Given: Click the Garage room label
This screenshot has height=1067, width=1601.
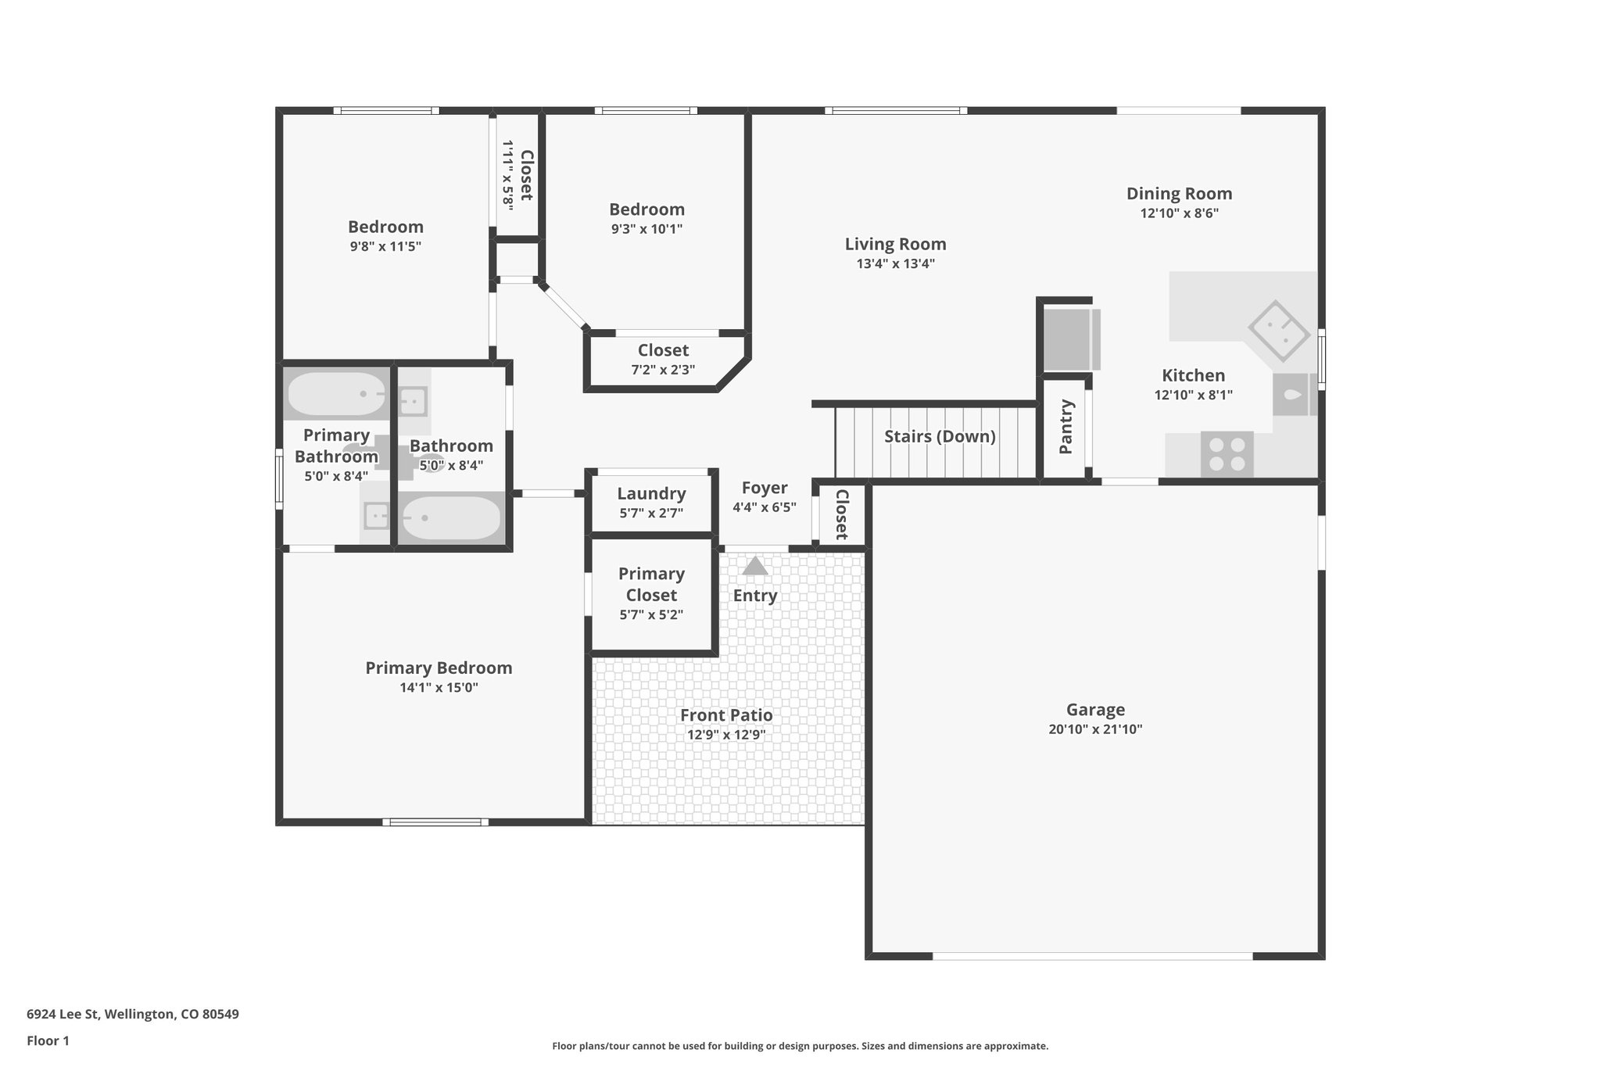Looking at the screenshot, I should point(1095,710).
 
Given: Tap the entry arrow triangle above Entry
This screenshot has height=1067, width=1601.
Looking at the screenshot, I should point(754,566).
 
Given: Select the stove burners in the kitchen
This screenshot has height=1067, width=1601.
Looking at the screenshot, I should point(1227,454).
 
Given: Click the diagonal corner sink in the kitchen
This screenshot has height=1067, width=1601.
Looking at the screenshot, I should point(1278,331).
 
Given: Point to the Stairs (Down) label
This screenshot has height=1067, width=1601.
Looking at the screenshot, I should point(940,436).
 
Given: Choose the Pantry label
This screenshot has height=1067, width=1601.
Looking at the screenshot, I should point(1066,427).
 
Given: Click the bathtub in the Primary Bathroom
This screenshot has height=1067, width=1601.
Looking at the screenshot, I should point(337,394).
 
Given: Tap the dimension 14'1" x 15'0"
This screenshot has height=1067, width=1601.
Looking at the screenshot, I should point(439,688).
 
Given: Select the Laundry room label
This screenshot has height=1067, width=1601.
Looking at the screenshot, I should point(651,493).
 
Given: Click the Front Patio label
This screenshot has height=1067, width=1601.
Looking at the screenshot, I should point(726,714).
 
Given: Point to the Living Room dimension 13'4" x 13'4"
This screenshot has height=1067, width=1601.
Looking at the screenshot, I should point(895,264).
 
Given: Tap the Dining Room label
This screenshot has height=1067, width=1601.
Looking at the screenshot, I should point(1179,193).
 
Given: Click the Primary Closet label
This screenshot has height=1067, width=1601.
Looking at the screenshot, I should point(651,584).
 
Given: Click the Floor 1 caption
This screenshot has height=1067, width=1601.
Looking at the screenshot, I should point(48,1040).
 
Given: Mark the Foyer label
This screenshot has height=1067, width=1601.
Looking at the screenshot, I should point(764,488).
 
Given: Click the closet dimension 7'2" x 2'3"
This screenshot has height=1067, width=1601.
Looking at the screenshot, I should point(663,370).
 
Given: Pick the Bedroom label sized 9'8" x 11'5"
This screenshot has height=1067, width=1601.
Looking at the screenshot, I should point(385,227).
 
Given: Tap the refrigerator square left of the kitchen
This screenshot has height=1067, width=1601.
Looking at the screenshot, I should point(1068,339).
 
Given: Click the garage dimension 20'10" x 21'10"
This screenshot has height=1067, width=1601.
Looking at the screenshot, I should point(1095,729).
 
